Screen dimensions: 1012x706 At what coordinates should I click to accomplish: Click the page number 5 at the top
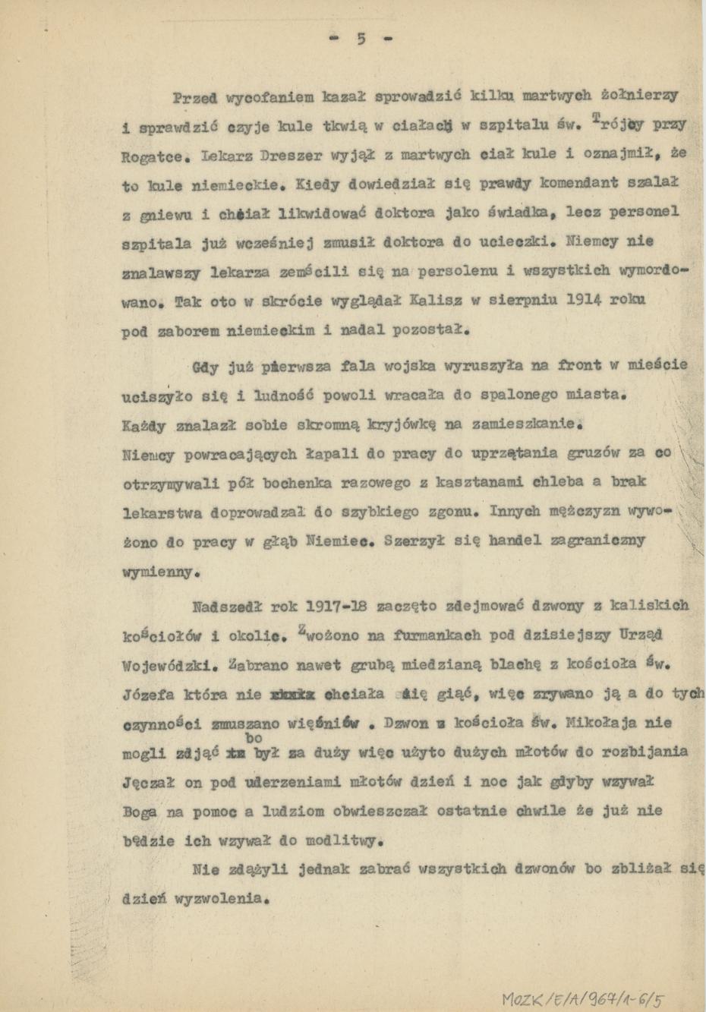pyautogui.click(x=361, y=39)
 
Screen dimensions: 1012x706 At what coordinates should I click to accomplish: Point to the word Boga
pyautogui.click(x=140, y=812)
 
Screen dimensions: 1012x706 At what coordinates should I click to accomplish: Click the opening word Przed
pyautogui.click(x=195, y=97)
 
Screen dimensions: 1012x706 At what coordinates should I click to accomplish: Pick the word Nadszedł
pyautogui.click(x=226, y=606)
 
